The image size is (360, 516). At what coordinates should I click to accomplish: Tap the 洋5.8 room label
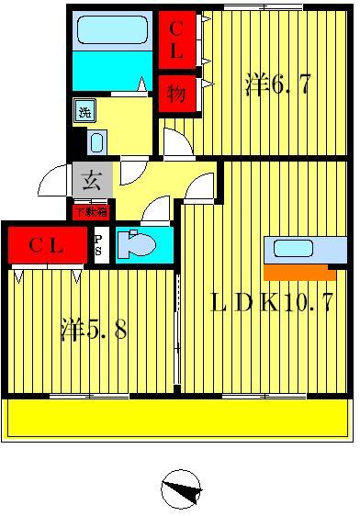[94, 329]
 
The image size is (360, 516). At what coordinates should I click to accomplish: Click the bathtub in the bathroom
[111, 32]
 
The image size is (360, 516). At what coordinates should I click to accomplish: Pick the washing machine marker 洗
[84, 112]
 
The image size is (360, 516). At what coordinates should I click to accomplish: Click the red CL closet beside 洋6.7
[175, 39]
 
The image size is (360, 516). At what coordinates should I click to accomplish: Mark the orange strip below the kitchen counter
[299, 273]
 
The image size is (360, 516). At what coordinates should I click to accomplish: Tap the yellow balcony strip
[179, 418]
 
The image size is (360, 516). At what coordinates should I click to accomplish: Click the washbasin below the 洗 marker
[98, 142]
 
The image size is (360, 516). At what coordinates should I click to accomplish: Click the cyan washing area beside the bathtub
[111, 70]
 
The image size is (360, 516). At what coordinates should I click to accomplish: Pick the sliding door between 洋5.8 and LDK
[177, 331]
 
